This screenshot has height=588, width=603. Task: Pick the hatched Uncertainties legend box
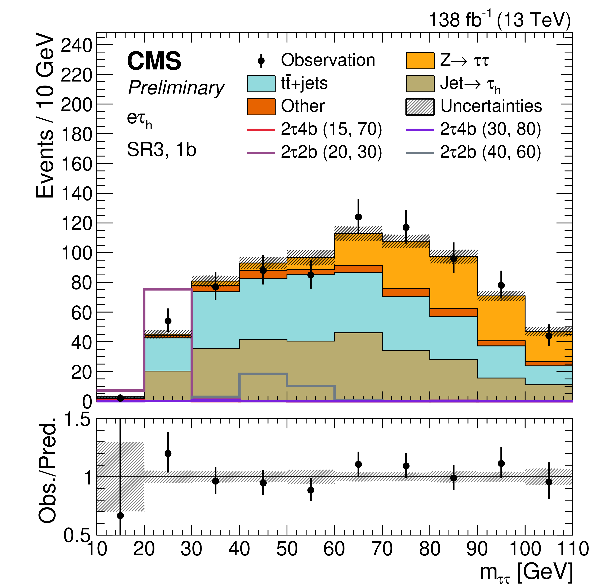point(420,107)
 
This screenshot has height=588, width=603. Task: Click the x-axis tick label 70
point(382,549)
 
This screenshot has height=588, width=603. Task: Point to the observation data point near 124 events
point(358,217)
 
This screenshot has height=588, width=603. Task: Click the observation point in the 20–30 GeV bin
point(168,321)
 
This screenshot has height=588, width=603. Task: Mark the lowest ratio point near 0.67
point(121,515)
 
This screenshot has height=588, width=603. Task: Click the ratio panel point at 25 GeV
point(168,453)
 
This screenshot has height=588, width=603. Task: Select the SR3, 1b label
point(162,150)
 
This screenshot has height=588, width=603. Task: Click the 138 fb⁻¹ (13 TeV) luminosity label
point(499,20)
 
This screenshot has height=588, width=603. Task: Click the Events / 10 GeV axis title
point(45,116)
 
